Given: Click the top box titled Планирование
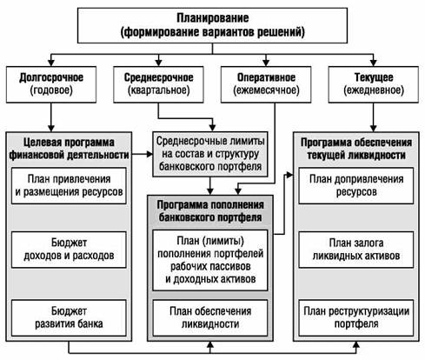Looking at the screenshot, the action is (x=212, y=25).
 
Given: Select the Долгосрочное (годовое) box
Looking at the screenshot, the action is (x=51, y=84).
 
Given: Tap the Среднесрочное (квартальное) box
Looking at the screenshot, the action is (x=158, y=84).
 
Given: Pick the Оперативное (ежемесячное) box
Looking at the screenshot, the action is (x=266, y=84).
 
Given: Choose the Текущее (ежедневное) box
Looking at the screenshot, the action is (x=374, y=84).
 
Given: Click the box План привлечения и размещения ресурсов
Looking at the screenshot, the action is (x=69, y=185).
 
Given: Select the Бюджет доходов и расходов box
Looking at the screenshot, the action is (x=69, y=250).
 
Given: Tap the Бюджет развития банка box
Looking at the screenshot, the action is (x=69, y=317).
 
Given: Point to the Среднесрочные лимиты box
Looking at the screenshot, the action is (x=210, y=154).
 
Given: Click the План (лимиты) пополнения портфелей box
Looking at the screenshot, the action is (x=210, y=260).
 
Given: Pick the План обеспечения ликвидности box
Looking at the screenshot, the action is (x=210, y=317).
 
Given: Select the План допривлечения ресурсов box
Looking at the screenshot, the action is (x=356, y=185).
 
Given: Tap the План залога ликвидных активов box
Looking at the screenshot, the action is (x=356, y=250).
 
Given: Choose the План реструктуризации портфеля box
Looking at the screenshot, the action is (x=356, y=317).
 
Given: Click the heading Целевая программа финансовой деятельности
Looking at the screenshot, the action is (x=69, y=149).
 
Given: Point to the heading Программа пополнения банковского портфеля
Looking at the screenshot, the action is (x=210, y=211).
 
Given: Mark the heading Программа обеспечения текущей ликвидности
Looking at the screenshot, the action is (x=356, y=149).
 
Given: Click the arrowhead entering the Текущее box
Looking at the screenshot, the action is (x=374, y=63).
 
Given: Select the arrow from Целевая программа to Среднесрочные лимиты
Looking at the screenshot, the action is (x=143, y=154).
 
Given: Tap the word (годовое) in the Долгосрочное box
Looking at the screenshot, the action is (x=51, y=90).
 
